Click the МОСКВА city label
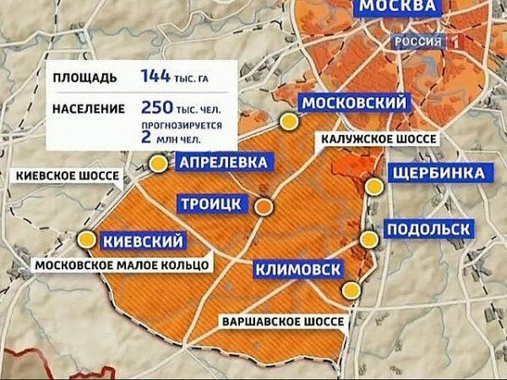(x=399, y=8)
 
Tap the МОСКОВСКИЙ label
(x=354, y=102)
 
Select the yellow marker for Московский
(x=290, y=122)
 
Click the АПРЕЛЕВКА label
(x=224, y=163)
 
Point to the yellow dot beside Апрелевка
(x=158, y=163)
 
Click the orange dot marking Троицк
(x=264, y=205)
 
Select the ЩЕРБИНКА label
(x=439, y=173)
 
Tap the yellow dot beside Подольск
(x=368, y=240)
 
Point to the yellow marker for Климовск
(x=350, y=290)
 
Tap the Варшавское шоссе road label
(x=282, y=322)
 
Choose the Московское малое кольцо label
(x=122, y=265)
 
